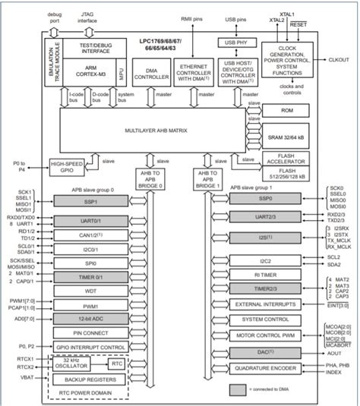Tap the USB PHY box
coord(233,42)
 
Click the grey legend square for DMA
coord(238,389)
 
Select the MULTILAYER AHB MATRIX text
coord(149,131)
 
